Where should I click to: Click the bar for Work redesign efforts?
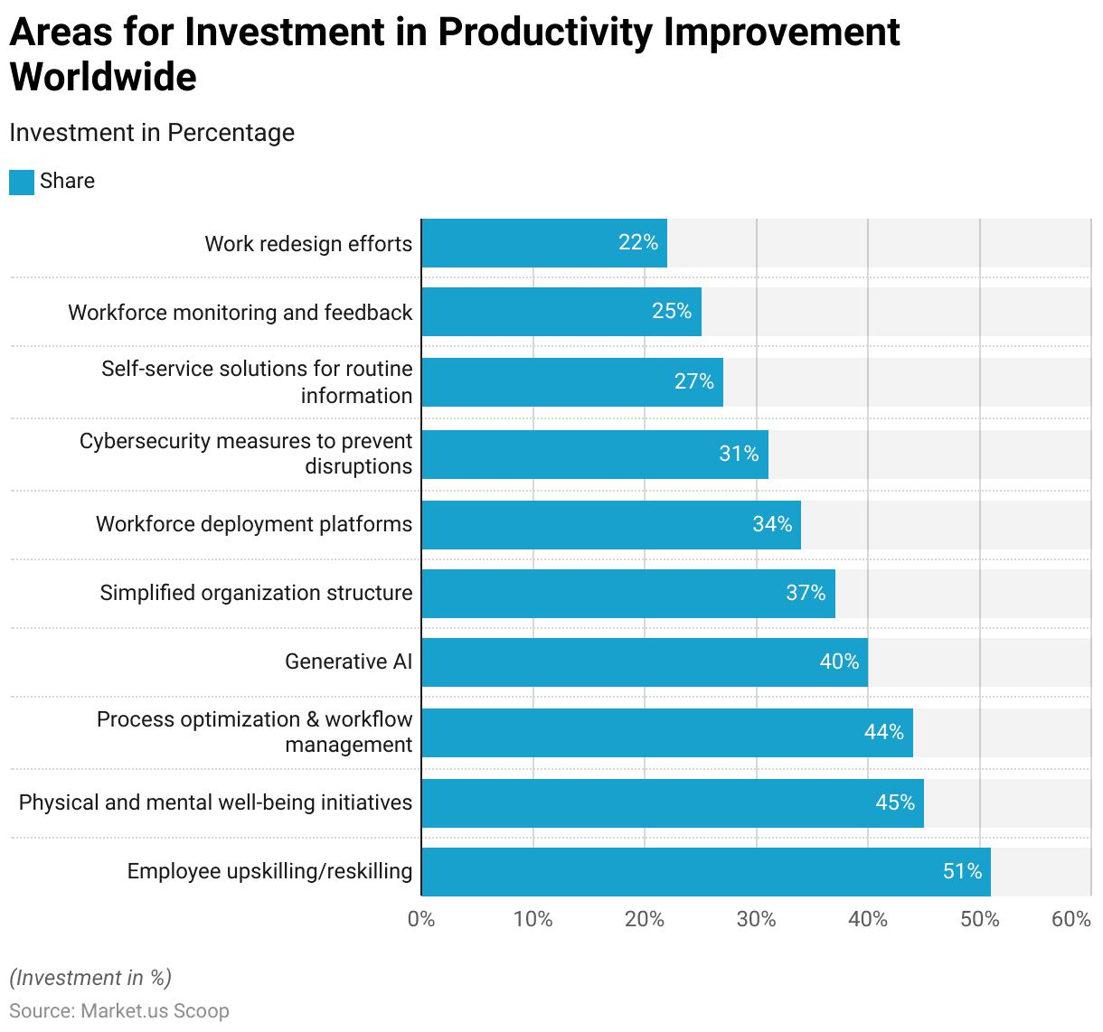544,242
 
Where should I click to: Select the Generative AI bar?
645,661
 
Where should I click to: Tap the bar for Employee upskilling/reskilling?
706,871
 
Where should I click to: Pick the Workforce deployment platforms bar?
611,525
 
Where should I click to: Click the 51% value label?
963,871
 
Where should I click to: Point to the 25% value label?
672,311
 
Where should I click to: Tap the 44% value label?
883,732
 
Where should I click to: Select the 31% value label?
739,454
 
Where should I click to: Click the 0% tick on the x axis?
421,919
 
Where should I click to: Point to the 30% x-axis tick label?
756,919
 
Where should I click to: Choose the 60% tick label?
1070,919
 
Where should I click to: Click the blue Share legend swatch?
22,182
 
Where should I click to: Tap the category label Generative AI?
349,661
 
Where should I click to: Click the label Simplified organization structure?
256,593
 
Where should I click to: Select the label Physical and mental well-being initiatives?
215,802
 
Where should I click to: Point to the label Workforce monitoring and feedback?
240,313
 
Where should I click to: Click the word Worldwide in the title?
103,77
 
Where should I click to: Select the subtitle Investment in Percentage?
152,133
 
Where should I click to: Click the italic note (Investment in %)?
90,978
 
